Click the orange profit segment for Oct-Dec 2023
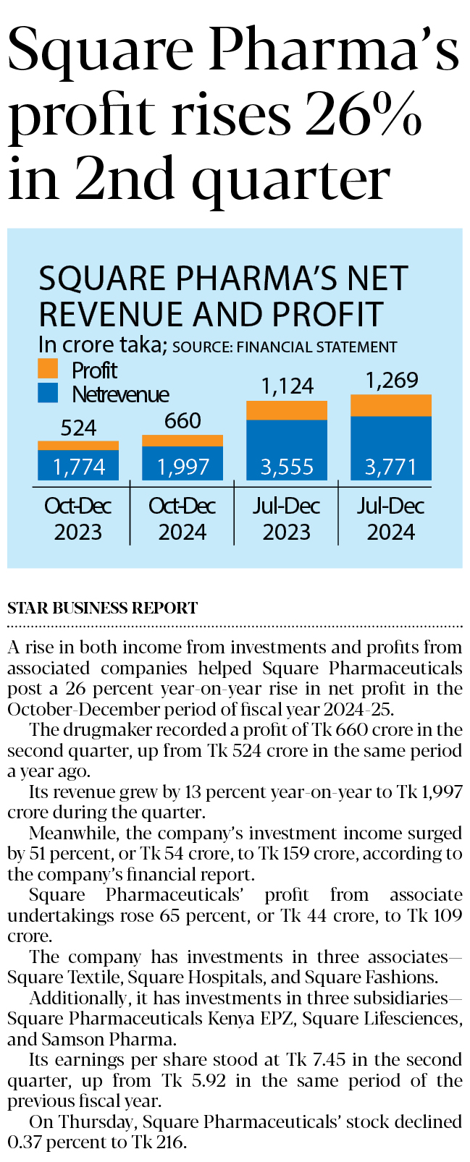coord(78,446)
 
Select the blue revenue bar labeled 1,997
coord(182,463)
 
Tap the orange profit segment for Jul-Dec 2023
coord(287,410)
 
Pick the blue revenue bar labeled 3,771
coord(391,448)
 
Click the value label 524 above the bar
coord(78,428)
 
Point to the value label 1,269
coord(392,381)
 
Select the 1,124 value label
coord(288,386)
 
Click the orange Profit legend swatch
coord(48,369)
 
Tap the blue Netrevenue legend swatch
coord(48,393)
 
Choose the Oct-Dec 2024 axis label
coord(182,519)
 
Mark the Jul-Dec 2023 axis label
coord(287,519)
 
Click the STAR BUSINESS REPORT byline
coord(103,608)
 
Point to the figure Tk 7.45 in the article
coord(316,1060)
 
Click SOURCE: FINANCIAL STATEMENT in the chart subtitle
coord(285,347)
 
